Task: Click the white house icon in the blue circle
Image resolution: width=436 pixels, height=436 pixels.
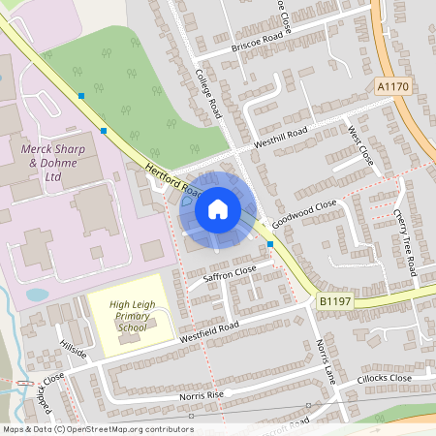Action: pos(217,208)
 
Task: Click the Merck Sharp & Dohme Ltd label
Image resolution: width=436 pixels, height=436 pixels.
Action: pos(54,164)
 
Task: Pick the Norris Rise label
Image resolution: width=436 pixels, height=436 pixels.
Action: pos(202,395)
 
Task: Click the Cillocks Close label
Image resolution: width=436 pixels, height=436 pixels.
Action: pos(385,378)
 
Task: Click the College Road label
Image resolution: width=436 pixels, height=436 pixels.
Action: pos(209,93)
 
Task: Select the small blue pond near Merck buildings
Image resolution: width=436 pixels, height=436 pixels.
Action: pos(37,294)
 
